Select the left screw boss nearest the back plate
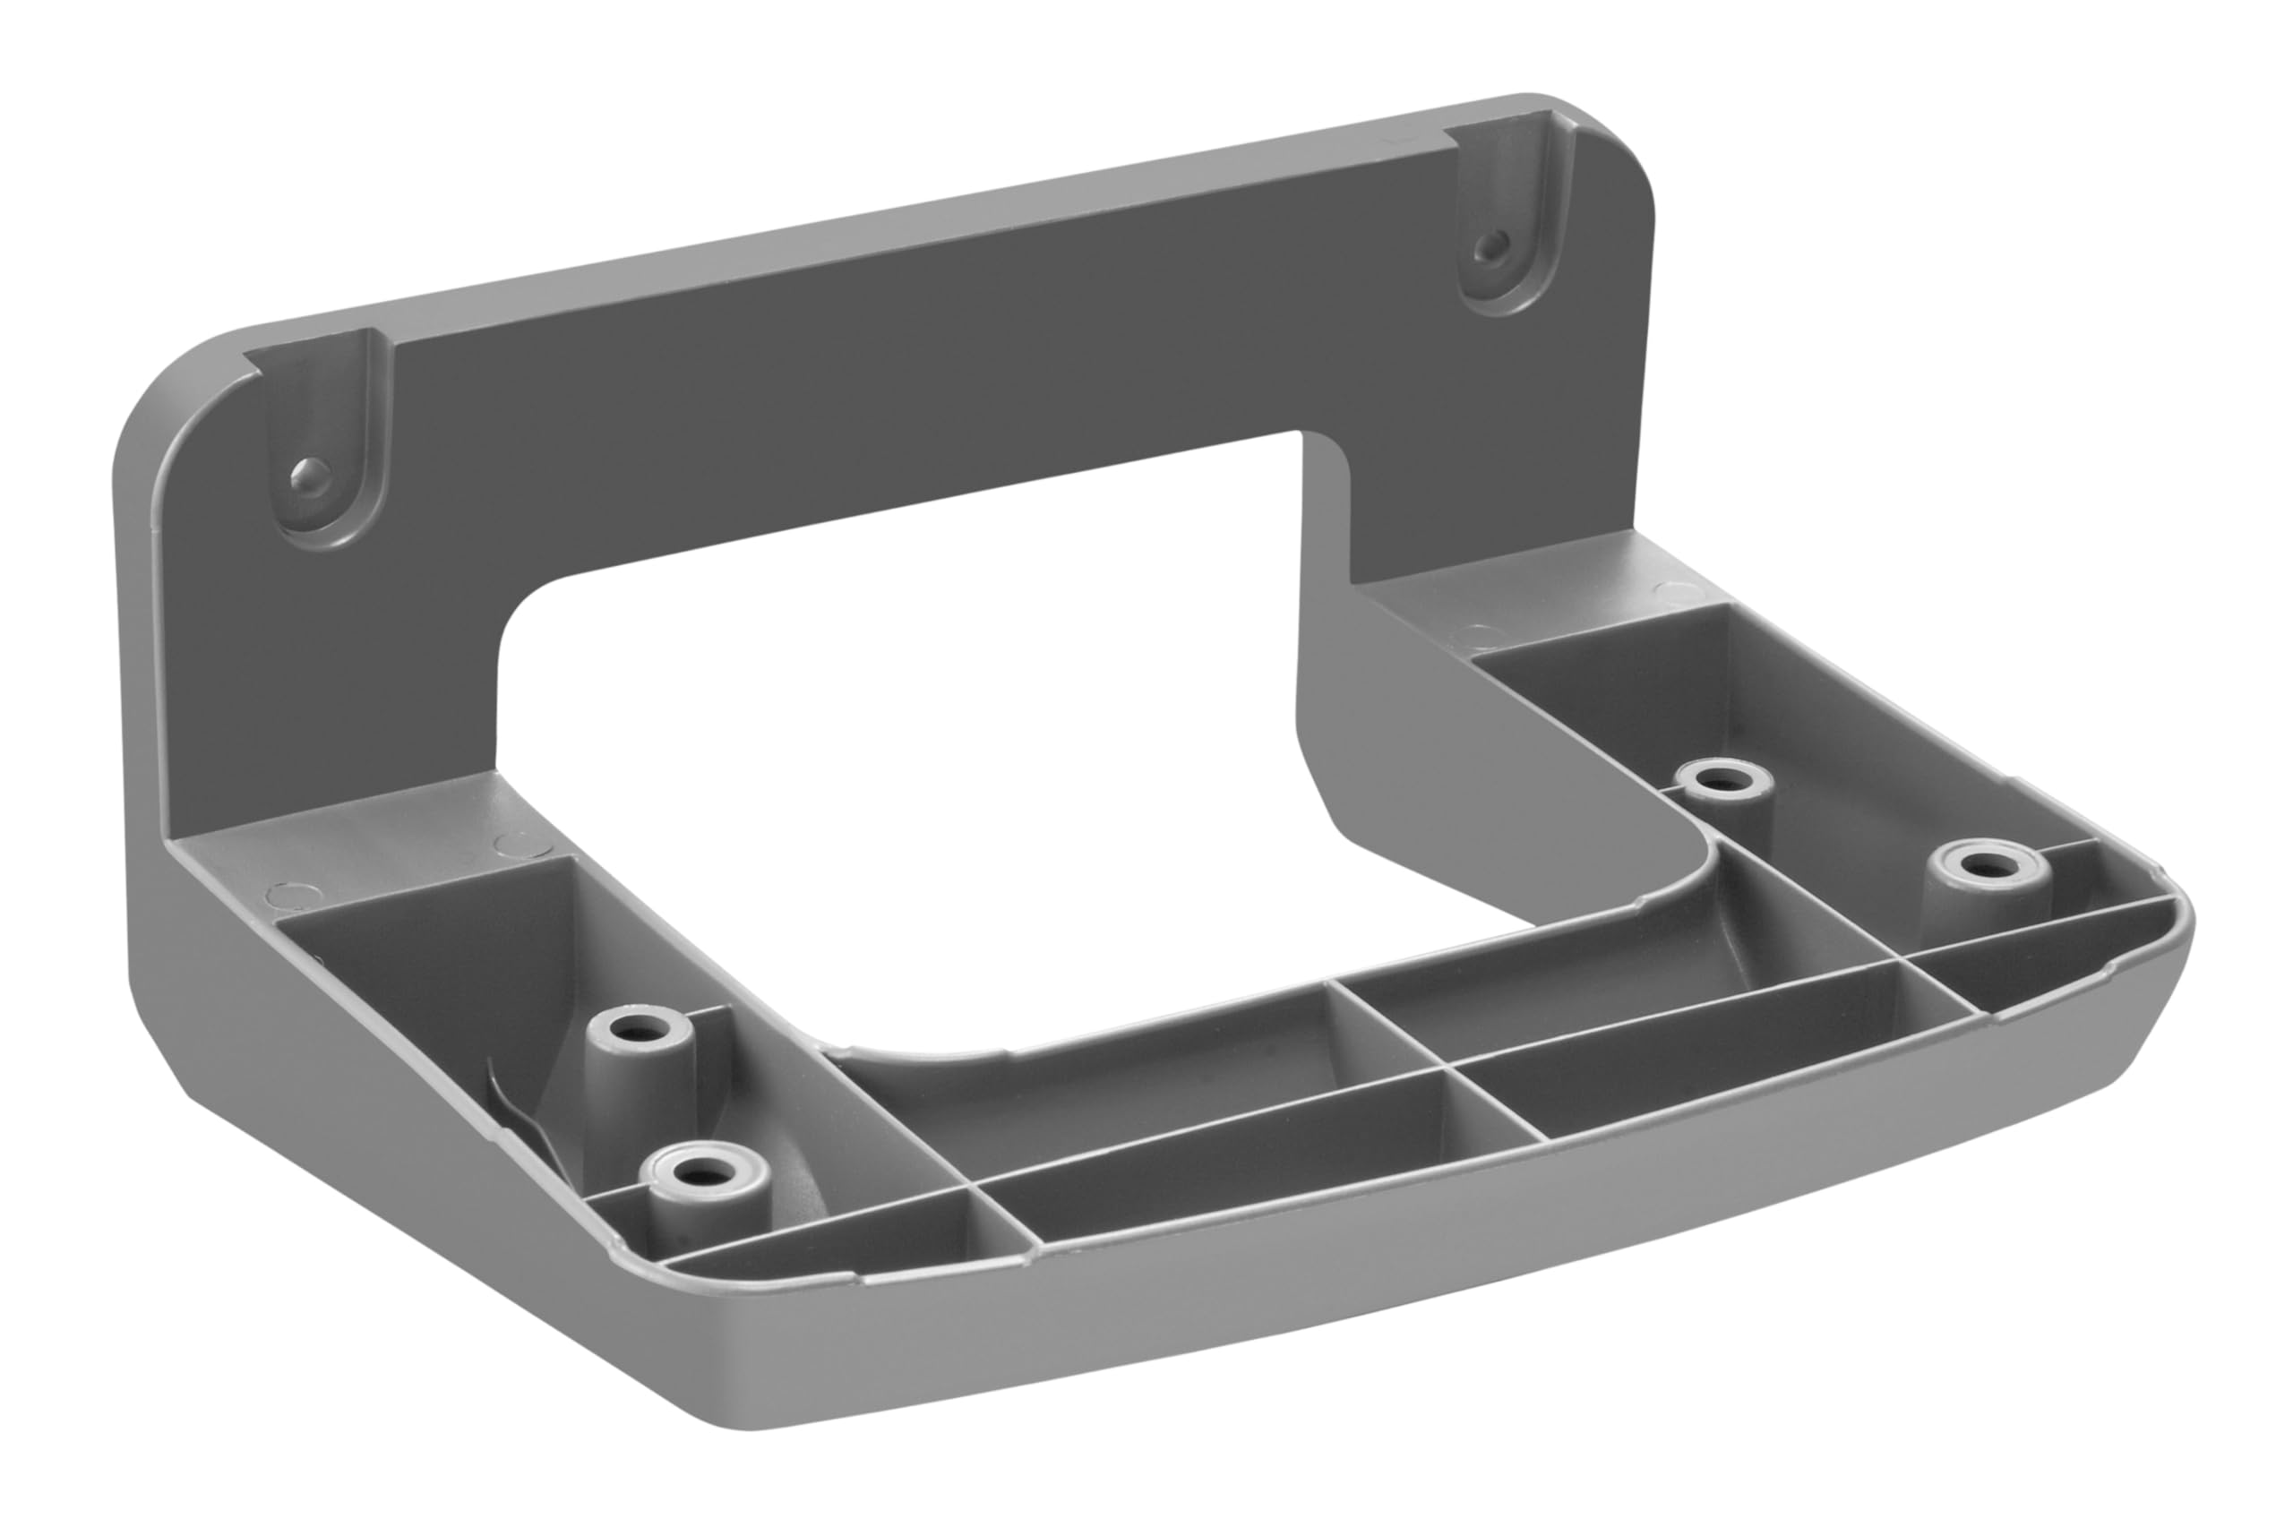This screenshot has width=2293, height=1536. point(639,1030)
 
